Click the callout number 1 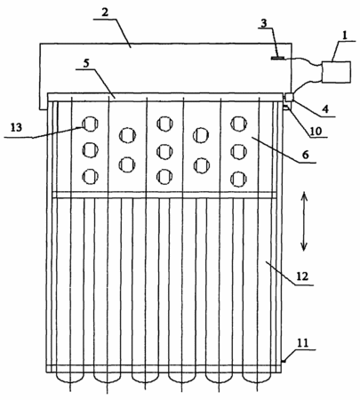point(344,36)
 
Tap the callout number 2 point(105,12)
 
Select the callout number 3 point(264,23)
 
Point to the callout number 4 point(325,109)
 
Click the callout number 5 point(86,64)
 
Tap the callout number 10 point(316,131)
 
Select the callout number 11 point(303,343)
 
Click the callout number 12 point(302,276)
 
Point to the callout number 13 point(16,128)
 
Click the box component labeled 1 point(336,72)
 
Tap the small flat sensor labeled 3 point(277,58)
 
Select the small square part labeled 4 point(289,97)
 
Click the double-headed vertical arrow point(304,221)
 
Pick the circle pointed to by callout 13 point(90,124)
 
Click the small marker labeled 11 point(283,361)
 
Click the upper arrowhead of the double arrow point(304,196)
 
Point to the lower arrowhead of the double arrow point(304,246)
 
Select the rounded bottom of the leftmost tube point(69,378)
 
